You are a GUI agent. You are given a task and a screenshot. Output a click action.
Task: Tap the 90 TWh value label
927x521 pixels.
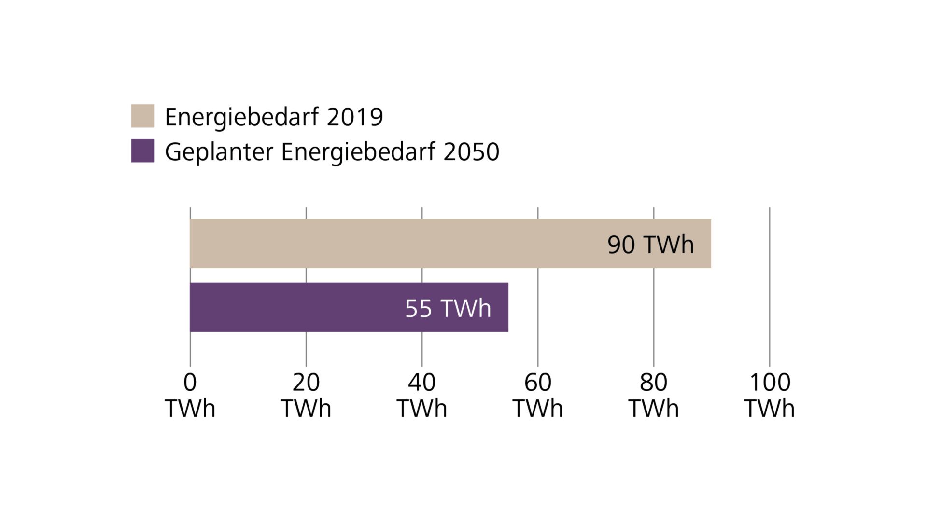coord(650,245)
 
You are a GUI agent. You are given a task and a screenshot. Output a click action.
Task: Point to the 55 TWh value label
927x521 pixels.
coord(448,308)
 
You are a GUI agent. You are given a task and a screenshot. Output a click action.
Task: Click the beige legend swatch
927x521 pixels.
coord(143,116)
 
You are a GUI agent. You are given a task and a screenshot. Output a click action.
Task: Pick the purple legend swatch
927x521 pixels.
coord(143,151)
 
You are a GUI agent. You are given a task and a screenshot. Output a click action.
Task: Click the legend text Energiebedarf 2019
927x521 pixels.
coord(274,117)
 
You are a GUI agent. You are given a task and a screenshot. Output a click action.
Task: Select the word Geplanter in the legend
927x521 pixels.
coord(219,152)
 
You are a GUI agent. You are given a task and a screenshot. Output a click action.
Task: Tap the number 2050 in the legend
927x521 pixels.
coord(471,152)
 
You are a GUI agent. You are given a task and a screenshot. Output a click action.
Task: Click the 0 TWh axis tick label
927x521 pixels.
coord(190,395)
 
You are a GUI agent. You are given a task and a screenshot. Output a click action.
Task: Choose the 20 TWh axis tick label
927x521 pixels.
coord(306,395)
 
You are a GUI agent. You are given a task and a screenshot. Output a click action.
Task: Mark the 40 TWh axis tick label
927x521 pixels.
coord(422,395)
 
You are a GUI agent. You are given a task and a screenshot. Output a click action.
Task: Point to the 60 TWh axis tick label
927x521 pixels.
coord(538,395)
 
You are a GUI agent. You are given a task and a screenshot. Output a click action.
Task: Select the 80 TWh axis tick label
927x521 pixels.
coord(654,395)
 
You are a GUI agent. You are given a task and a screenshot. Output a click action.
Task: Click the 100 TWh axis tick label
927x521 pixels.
coord(769,395)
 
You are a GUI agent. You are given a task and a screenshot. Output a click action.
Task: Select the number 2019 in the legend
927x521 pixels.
coord(355,117)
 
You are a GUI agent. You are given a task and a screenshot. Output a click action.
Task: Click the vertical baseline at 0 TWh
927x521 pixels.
coord(190,347)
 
